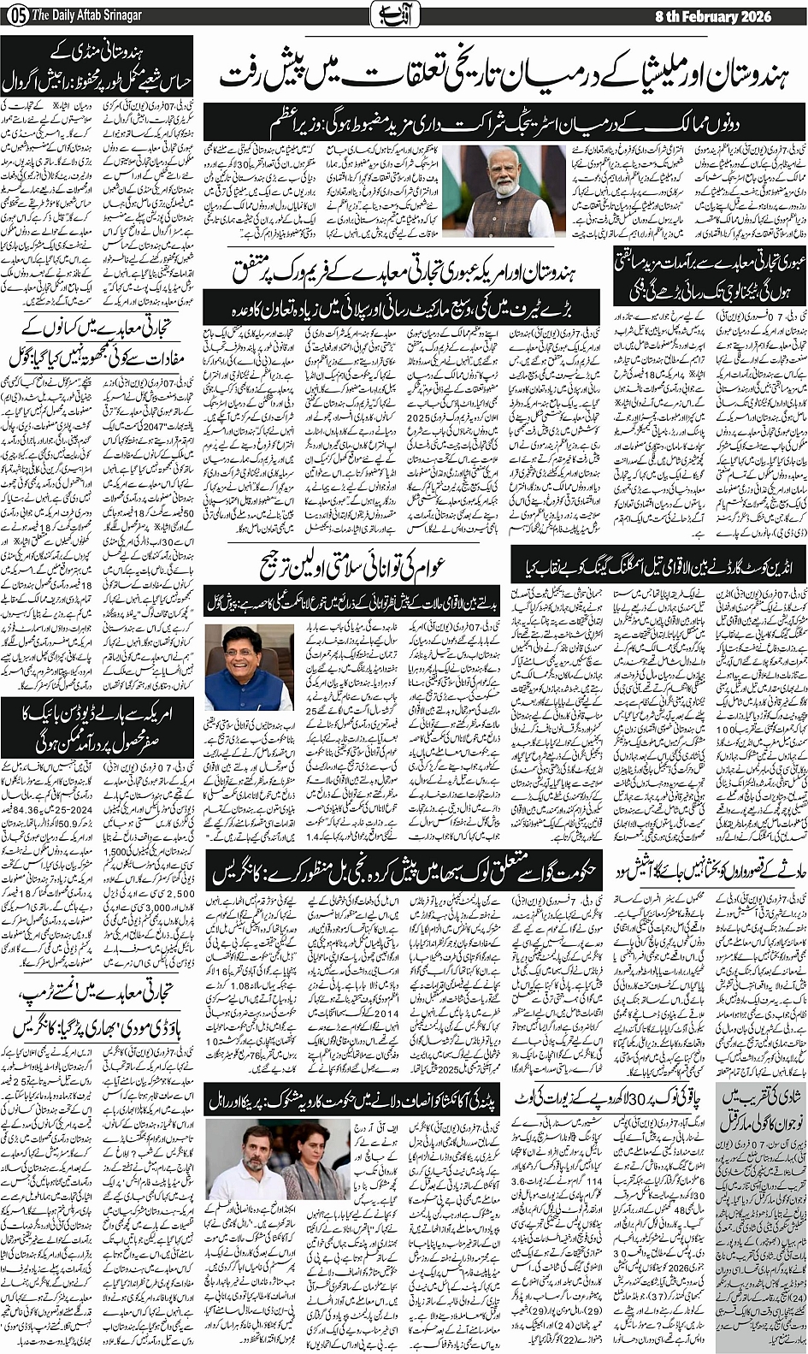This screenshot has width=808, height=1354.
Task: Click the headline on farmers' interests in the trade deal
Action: point(98,341)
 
